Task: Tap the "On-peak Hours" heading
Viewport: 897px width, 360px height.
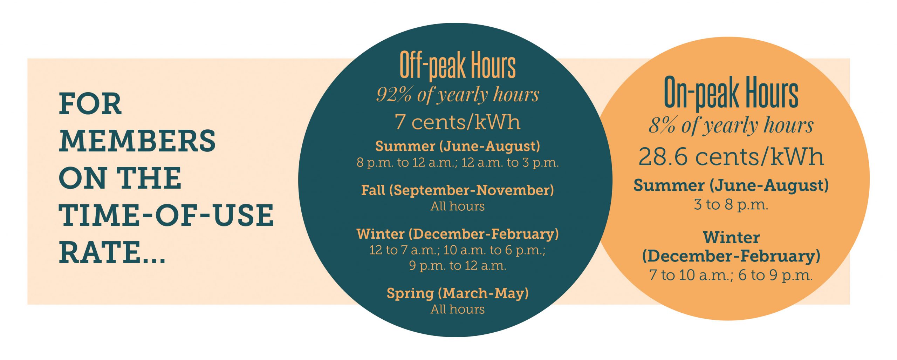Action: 731,92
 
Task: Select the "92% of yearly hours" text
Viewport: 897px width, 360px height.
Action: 458,95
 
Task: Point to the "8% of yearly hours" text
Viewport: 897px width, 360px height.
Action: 731,125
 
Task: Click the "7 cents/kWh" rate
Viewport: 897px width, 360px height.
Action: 458,122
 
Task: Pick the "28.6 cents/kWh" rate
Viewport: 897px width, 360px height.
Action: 731,156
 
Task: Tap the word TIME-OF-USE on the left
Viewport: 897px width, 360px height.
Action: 166,215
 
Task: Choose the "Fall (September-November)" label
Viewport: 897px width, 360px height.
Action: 458,190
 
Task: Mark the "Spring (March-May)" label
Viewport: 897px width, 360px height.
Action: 458,293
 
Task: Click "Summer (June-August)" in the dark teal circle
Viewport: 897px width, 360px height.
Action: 458,146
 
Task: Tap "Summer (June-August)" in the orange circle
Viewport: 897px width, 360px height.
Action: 731,185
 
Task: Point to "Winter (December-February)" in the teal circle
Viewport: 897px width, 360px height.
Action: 458,234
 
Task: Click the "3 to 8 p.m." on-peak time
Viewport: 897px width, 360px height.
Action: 731,204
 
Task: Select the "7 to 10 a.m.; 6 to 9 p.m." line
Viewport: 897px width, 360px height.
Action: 731,275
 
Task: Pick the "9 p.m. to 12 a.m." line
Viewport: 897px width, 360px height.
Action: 458,266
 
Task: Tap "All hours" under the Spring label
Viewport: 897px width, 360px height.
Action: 458,309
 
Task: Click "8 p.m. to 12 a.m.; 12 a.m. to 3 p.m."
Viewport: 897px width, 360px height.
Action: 458,163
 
